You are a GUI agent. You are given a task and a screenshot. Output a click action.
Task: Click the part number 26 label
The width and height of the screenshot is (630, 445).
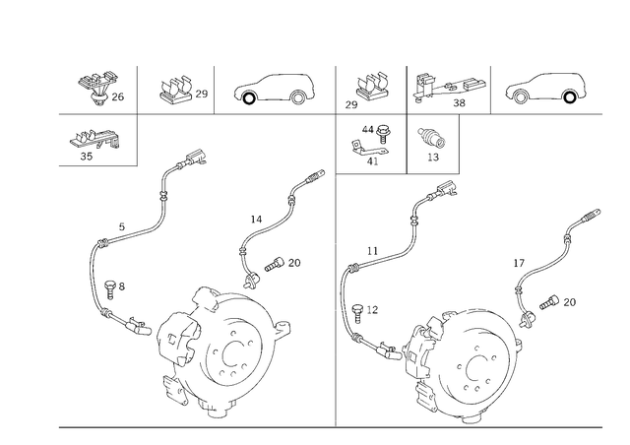pos(118,96)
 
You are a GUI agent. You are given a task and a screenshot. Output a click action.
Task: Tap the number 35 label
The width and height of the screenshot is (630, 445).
pos(87,157)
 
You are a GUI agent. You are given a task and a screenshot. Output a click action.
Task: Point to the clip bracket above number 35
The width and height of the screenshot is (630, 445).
pos(94,139)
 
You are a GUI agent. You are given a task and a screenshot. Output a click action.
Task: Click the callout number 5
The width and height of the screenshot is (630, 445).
pos(122,226)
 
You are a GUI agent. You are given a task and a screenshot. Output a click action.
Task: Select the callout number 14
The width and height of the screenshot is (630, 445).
pos(256,220)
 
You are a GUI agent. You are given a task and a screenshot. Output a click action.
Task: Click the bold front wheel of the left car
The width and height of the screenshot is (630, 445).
pos(249,97)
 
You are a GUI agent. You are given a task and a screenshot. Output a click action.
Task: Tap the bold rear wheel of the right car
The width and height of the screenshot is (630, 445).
pos(569,97)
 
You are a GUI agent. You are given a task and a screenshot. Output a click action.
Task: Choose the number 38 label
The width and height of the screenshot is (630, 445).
pos(459,103)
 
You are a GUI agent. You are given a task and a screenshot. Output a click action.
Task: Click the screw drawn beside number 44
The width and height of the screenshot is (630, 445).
pos(383,133)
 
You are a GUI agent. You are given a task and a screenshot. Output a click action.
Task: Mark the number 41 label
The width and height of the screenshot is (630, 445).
pos(372,161)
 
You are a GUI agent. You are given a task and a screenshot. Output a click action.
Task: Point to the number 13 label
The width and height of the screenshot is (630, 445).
pos(433,158)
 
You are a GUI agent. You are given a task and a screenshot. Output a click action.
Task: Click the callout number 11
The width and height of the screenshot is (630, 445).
pos(372,251)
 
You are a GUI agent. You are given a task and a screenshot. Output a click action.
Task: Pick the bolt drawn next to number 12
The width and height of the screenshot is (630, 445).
pos(357,314)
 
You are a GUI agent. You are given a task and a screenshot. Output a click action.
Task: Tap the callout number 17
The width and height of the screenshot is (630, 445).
pos(519,263)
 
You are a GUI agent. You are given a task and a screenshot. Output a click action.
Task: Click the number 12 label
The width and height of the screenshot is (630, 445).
pos(372,310)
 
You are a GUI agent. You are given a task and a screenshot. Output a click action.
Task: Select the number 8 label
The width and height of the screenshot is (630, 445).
pos(122,286)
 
